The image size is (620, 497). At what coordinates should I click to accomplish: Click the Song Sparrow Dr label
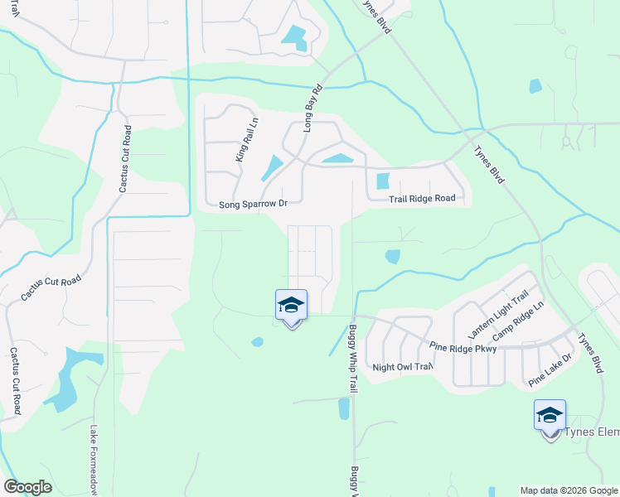[253, 204]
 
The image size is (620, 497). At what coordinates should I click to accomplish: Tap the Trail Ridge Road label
[423, 199]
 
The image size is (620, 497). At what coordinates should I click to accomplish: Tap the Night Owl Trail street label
[403, 367]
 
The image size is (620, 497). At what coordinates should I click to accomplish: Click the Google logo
[27, 487]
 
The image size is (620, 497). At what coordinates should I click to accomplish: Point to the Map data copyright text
[569, 490]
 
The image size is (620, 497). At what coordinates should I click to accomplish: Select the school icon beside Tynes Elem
[550, 416]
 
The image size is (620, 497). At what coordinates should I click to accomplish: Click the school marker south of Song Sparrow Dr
[291, 306]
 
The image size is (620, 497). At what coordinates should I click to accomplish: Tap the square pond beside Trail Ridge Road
[382, 181]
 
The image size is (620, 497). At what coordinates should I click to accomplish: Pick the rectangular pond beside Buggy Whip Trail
[344, 408]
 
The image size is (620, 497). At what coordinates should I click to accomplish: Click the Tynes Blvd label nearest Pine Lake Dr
[589, 354]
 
